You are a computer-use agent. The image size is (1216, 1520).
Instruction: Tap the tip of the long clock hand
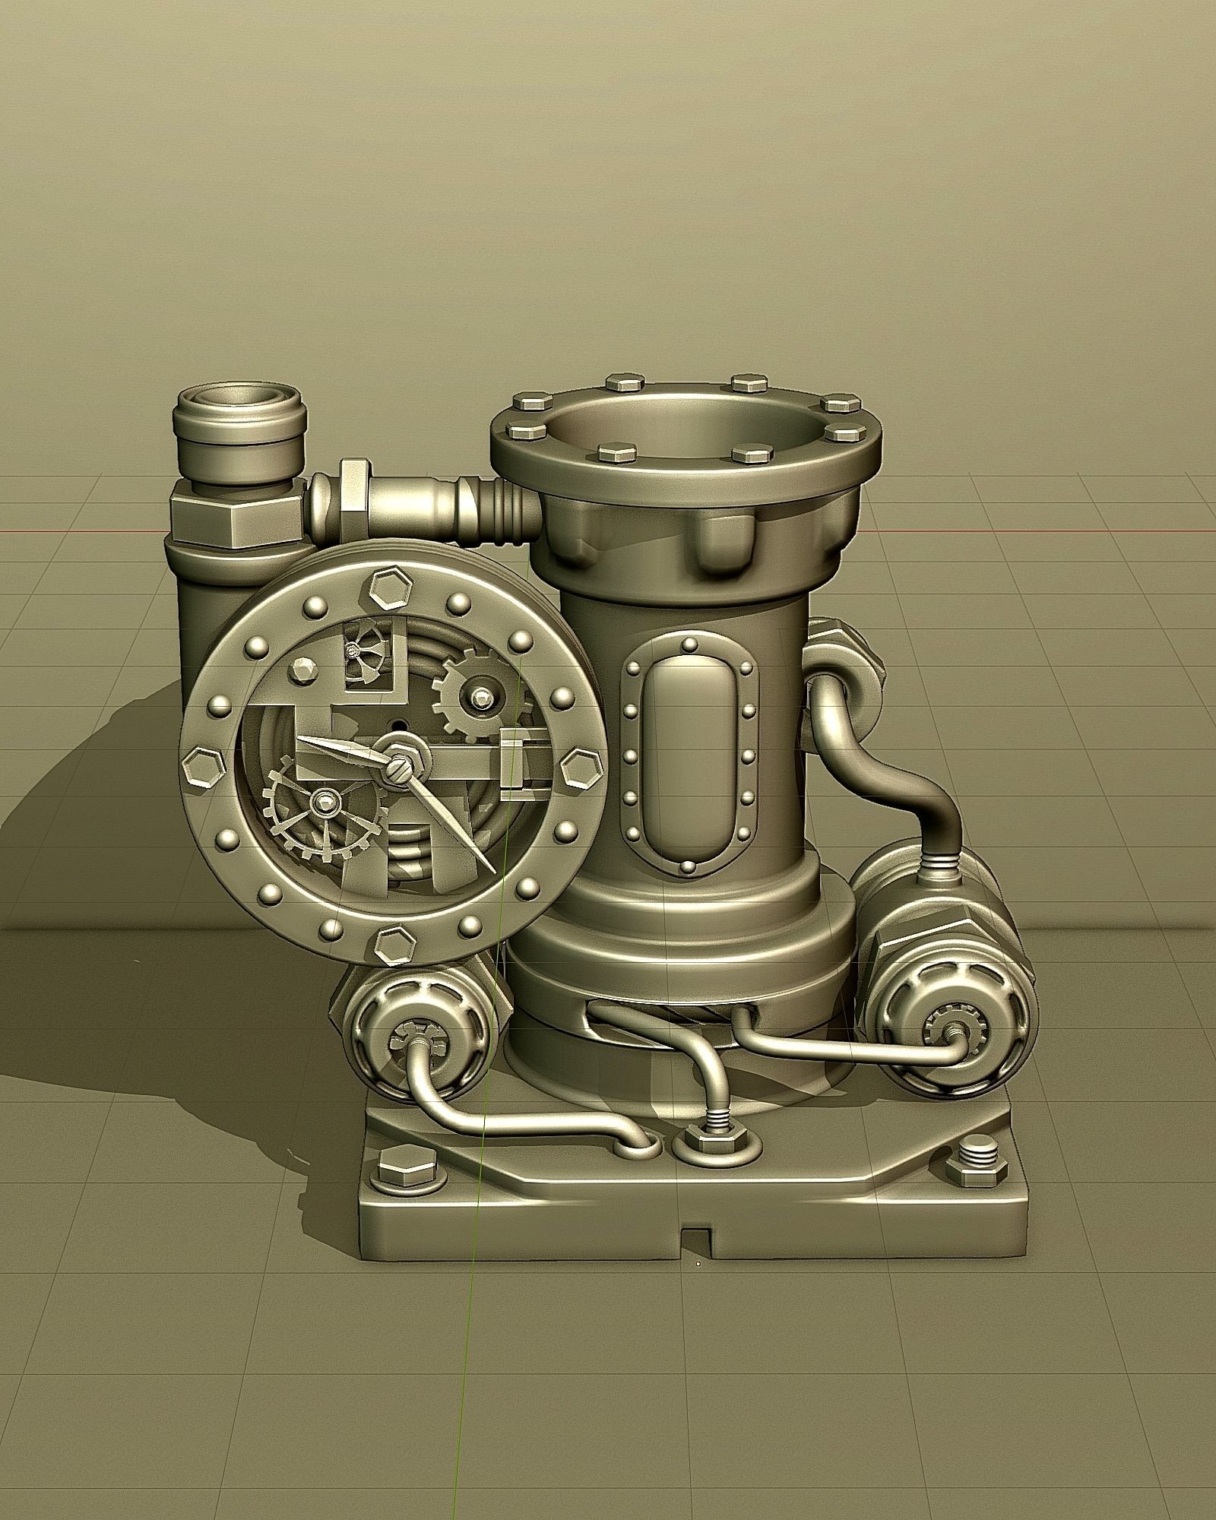click(x=495, y=872)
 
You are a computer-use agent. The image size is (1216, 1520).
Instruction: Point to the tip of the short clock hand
click(x=299, y=737)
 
